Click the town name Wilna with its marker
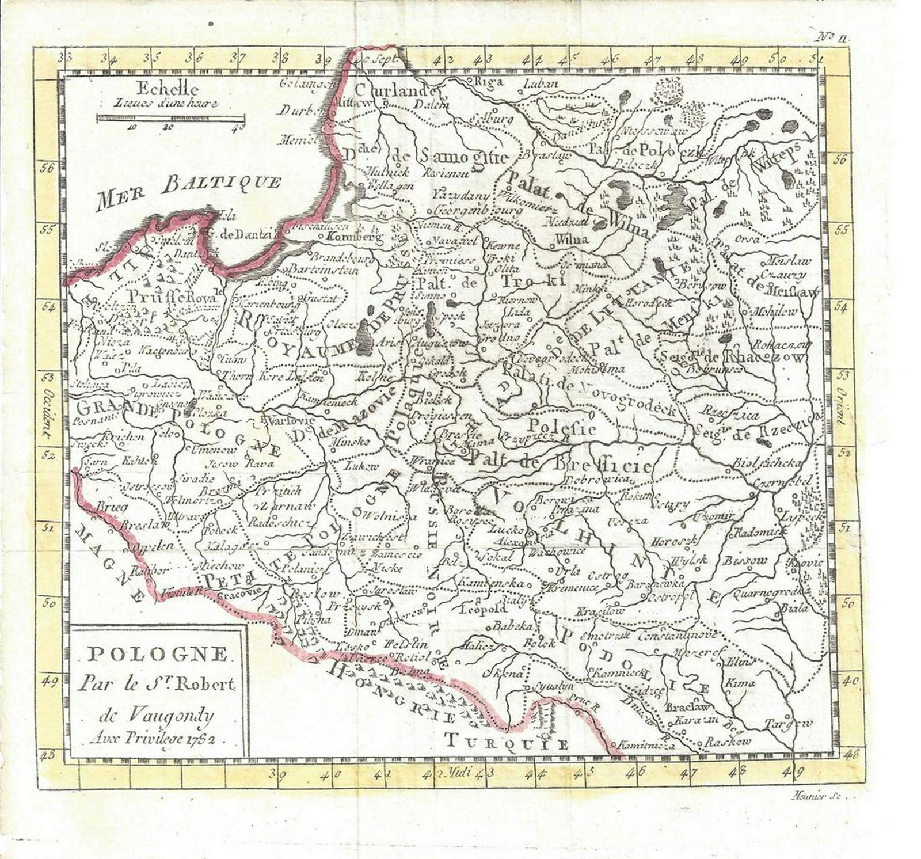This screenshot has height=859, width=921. [571, 240]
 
